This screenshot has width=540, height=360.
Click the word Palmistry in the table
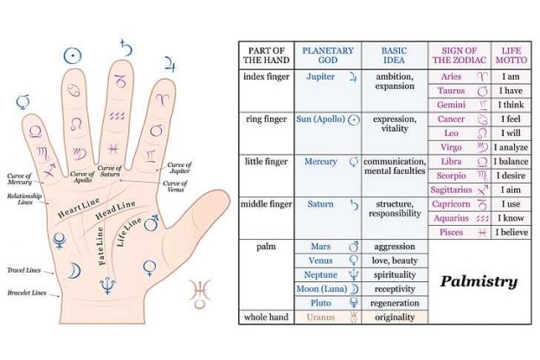click(479, 281)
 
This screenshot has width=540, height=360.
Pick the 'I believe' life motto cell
click(512, 233)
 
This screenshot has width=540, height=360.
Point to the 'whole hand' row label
click(267, 318)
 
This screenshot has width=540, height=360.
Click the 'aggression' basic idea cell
click(394, 247)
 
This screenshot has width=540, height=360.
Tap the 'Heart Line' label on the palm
click(79, 209)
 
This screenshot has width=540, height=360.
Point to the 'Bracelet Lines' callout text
click(25, 293)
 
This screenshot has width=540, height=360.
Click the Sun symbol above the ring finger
click(74, 55)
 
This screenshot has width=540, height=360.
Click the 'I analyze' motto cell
click(512, 147)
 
